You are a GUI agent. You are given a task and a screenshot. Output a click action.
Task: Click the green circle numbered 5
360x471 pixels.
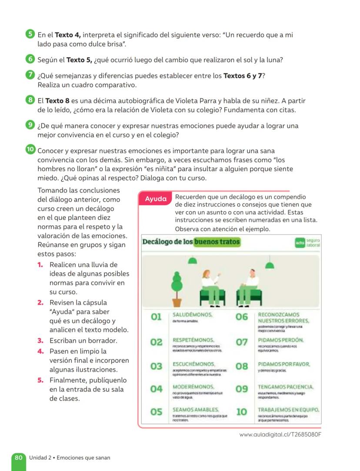click(x=30, y=34)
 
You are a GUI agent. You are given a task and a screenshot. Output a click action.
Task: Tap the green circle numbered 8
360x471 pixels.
click(x=30, y=100)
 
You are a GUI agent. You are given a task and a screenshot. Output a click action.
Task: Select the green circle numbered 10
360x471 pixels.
click(x=30, y=150)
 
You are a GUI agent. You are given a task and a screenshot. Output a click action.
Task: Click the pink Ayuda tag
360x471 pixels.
click(x=156, y=199)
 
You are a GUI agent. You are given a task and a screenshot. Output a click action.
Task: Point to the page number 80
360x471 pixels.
click(x=18, y=458)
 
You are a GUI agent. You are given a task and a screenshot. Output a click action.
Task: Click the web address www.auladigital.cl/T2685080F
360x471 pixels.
click(x=280, y=435)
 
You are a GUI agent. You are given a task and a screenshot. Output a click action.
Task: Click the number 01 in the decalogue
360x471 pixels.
click(x=156, y=317)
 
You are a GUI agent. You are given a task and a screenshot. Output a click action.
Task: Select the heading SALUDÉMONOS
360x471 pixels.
click(x=193, y=314)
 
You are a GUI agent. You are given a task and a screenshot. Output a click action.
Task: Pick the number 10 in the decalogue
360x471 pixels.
click(x=241, y=411)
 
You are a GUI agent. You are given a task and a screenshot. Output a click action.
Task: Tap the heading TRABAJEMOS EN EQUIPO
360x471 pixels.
click(x=289, y=409)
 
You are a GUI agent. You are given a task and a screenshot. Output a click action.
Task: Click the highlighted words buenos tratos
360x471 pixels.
click(x=217, y=242)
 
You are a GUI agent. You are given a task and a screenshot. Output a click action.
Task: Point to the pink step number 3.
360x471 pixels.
click(x=40, y=341)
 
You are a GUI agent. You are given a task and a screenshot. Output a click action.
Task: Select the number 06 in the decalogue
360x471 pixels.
click(x=242, y=317)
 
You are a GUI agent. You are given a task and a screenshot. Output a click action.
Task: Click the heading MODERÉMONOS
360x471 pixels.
click(x=193, y=386)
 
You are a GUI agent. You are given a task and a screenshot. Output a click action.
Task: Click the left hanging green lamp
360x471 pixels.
click(x=192, y=260)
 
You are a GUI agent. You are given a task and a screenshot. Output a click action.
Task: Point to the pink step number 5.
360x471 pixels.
click(x=40, y=380)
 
